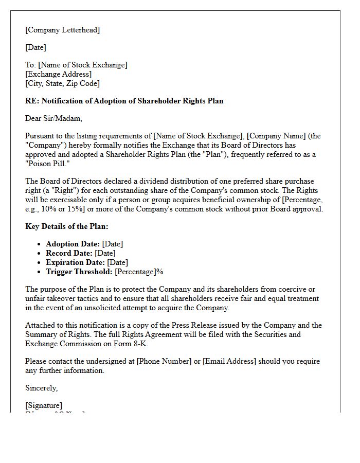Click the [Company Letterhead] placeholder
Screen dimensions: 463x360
pos(62,30)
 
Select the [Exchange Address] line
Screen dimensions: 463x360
pos(58,74)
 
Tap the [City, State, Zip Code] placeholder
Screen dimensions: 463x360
pos(62,83)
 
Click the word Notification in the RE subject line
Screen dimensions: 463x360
pos(61,101)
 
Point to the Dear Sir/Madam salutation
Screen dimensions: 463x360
pos(53,118)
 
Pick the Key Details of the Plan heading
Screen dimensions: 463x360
pos(66,226)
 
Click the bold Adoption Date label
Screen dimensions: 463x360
pos(73,244)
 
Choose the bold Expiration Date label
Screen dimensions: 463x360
pos(75,262)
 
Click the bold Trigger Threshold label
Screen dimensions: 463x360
pos(79,272)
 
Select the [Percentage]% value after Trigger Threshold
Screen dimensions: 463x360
pos(139,272)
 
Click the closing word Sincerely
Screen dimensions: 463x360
pos(41,388)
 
